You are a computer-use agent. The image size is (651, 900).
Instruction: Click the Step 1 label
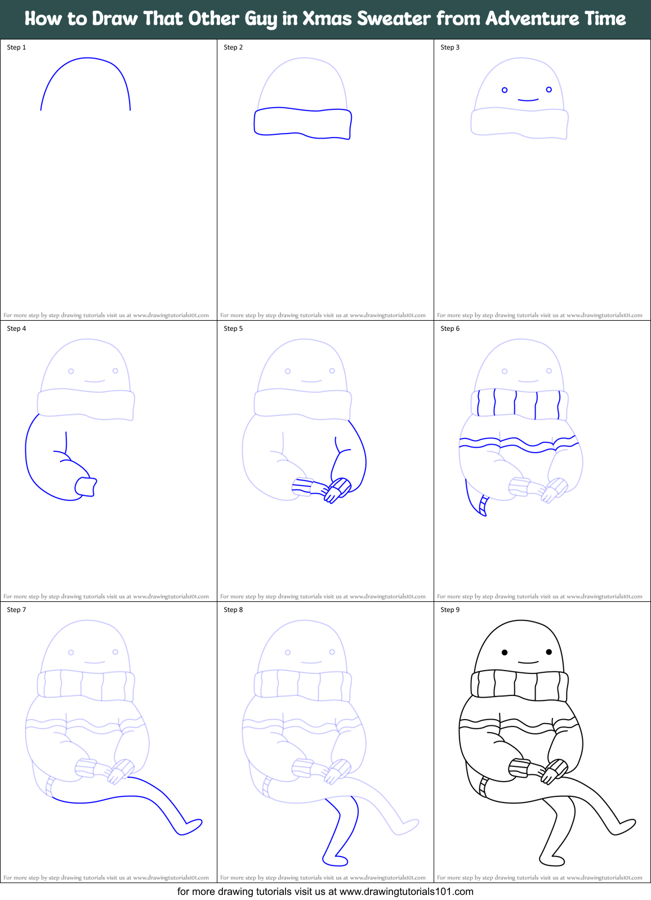click(x=16, y=47)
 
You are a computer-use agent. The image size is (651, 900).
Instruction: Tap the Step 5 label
click(x=233, y=329)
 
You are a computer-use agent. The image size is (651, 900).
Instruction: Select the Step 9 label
click(x=450, y=610)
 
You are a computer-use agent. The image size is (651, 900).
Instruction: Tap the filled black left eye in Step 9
click(x=505, y=653)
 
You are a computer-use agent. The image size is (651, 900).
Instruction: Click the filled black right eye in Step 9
click(x=549, y=652)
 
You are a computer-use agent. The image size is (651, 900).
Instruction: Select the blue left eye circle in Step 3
click(x=505, y=90)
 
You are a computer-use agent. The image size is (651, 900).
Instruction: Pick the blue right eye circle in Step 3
click(x=549, y=90)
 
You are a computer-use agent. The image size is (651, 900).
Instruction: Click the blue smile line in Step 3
click(x=528, y=100)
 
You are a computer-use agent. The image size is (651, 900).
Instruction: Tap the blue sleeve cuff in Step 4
click(x=86, y=486)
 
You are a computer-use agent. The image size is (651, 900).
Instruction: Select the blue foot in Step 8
click(x=335, y=861)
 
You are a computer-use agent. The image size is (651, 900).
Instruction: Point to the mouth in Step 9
click(x=528, y=663)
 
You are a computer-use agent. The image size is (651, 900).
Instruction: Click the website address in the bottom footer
click(x=406, y=892)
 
